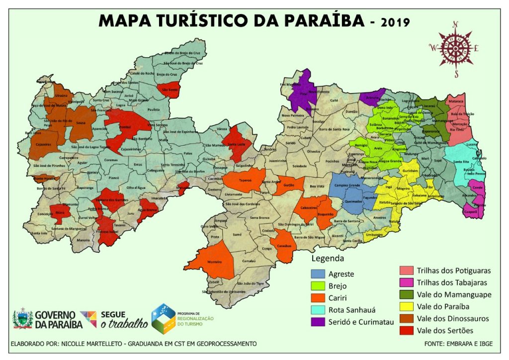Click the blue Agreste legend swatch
point(319,274)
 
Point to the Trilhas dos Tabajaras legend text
point(452,282)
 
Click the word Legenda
point(327,259)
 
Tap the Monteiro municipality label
point(214,262)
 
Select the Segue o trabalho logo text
point(124,320)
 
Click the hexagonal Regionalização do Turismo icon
point(165,319)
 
